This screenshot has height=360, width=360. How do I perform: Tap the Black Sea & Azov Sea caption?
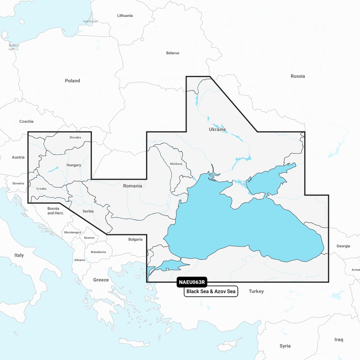pos(211,292)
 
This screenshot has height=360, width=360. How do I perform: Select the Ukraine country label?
pos(217,129)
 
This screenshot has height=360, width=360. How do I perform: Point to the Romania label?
pos(132,186)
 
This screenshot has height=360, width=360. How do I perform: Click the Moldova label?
pos(176,164)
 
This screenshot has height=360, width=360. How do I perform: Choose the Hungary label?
pos(74,165)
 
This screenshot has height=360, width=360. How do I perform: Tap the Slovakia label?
pos(75,138)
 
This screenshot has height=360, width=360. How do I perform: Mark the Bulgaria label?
pos(135,239)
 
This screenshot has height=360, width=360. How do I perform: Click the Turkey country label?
pos(256,291)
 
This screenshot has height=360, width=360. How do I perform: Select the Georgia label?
pos(343,246)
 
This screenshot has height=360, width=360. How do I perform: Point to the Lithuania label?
pos(125,15)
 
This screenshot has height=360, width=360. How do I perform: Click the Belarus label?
pos(172,53)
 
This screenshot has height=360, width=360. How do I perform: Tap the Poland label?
pos(72,81)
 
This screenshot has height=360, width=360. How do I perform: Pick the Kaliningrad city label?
pos(90,21)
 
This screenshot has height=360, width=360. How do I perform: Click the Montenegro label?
pos(72,233)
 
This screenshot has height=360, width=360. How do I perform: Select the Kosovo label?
pos(89,238)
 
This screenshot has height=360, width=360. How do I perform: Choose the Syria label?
pos(285,346)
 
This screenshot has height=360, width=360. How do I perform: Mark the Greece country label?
pos(101,280)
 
